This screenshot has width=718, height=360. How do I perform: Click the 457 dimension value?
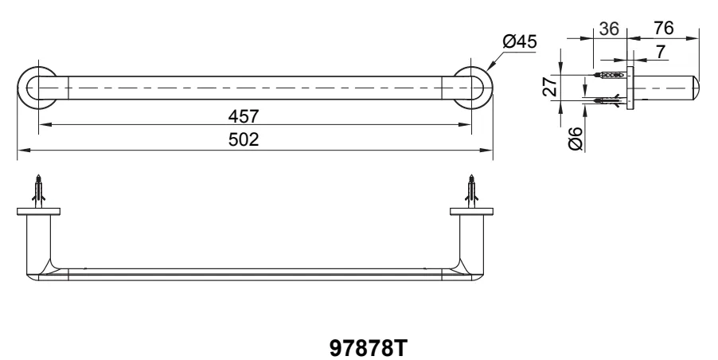[x=244, y=115]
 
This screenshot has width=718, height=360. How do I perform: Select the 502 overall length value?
[x=244, y=139]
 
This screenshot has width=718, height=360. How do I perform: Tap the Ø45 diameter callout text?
[x=519, y=41]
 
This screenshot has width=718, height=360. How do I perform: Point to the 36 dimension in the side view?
[x=609, y=29]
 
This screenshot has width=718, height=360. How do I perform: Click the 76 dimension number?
[x=664, y=28]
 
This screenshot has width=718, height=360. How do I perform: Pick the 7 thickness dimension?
[x=661, y=52]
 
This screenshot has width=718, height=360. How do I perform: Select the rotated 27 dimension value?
[x=550, y=86]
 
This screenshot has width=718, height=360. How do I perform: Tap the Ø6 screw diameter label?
[x=575, y=139]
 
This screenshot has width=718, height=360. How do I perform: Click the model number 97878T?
[x=368, y=348]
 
